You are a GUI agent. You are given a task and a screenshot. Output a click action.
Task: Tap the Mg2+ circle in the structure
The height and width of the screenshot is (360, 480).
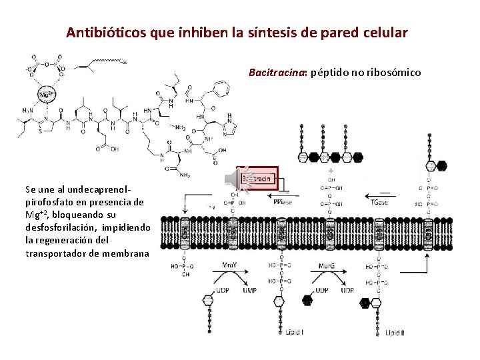pos(46,94)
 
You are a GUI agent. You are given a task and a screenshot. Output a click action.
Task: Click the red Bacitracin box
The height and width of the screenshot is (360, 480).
pos(258,179)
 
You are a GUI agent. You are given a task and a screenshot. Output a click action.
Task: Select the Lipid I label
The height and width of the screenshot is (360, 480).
pos(293,331)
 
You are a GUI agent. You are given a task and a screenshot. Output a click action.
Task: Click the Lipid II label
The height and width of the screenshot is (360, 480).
pos(394,331)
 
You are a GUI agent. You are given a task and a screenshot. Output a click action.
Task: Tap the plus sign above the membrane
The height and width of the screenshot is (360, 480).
pos(331,171)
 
